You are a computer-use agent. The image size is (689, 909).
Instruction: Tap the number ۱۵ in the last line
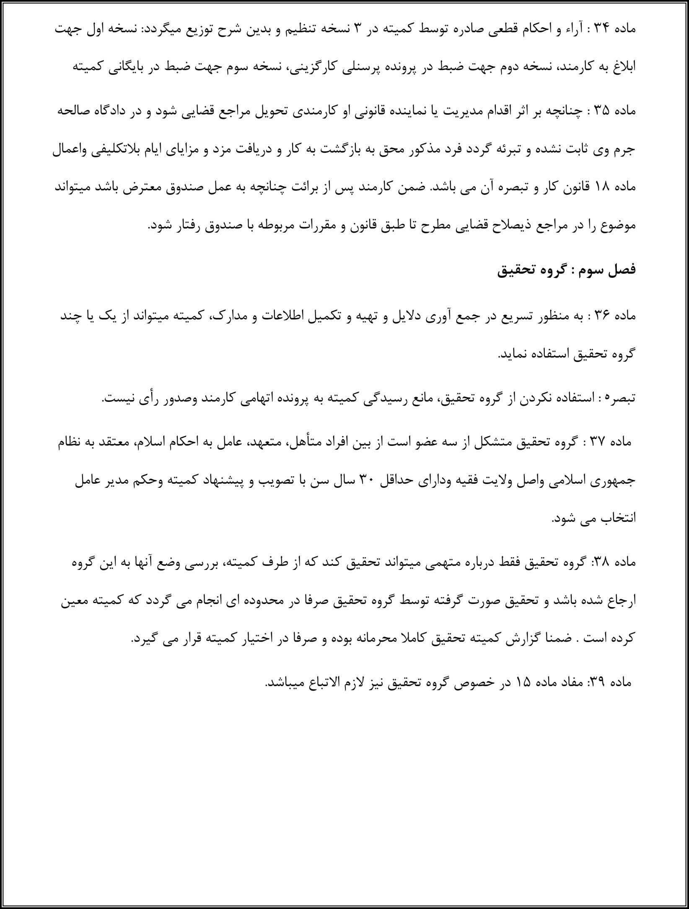pyautogui.click(x=518, y=683)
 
